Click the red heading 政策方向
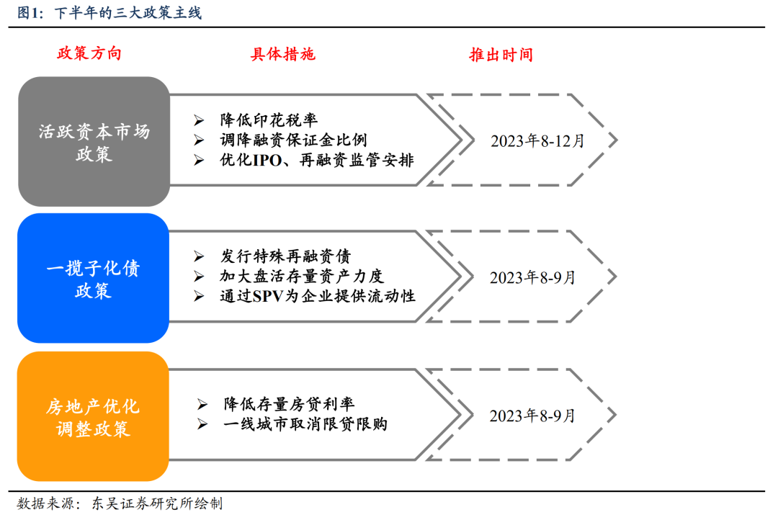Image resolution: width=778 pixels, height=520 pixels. coord(89,53)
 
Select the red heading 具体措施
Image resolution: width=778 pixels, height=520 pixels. coord(283,54)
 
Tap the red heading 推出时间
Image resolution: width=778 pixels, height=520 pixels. coord(501,55)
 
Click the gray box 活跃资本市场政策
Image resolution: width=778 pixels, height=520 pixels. coord(94,141)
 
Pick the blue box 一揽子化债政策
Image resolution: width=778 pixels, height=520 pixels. coord(93,278)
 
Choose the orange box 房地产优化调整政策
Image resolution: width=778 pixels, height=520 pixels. coord(93,416)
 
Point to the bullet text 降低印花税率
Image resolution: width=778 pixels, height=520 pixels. coord(269,120)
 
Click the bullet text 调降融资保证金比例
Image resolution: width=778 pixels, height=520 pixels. coord(293,140)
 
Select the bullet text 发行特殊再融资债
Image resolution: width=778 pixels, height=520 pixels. coord(285,256)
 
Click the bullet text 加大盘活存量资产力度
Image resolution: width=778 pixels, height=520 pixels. coord(302,276)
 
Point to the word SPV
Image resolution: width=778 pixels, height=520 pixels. coord(269,296)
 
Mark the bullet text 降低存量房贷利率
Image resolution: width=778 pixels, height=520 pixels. coord(289,404)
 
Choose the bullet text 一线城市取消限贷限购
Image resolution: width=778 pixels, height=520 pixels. coord(305,424)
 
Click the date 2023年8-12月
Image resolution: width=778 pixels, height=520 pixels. coord(537,141)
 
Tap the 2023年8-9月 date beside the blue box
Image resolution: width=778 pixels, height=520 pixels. coord(532,277)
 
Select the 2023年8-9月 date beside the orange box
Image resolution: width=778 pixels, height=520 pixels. coord(532,416)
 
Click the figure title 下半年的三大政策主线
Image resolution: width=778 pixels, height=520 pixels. coord(128,12)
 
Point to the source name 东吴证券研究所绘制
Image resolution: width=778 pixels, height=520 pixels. coord(157,503)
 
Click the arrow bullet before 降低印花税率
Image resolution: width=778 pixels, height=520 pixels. coord(199,120)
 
